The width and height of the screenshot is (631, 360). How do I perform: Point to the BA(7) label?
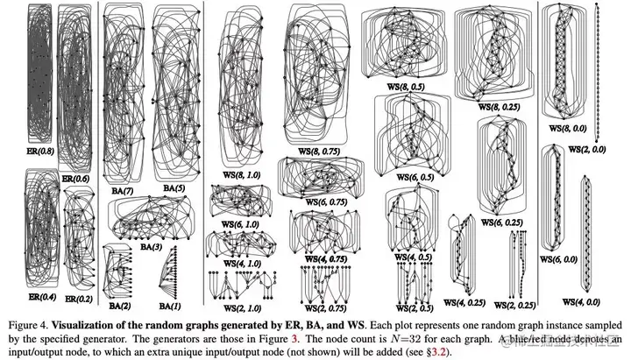pos(123,187)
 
